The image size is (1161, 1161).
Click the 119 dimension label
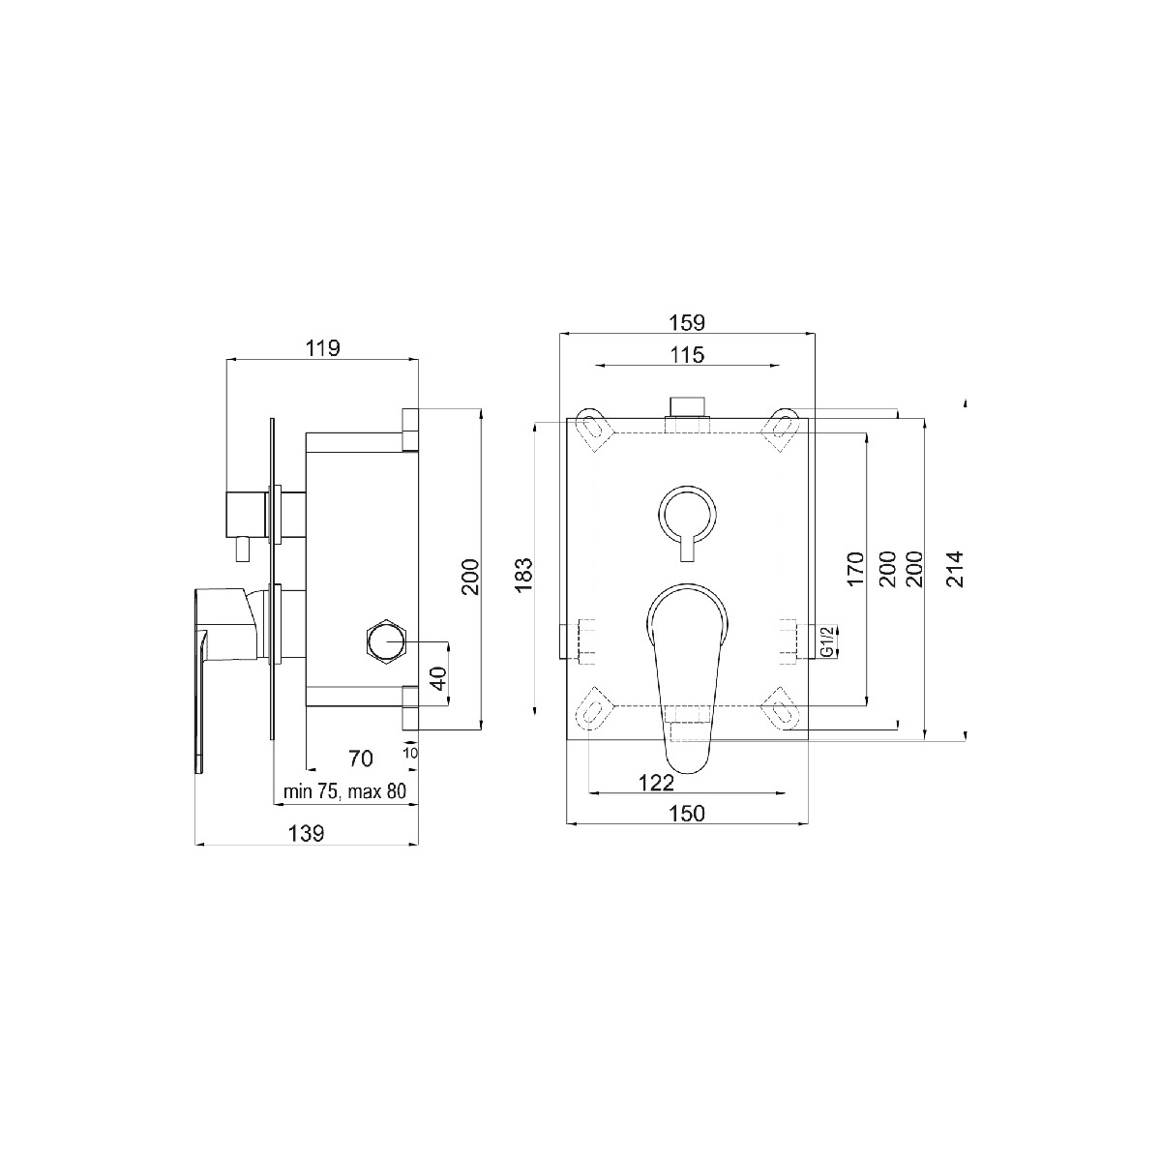323,348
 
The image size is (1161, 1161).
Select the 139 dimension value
306,834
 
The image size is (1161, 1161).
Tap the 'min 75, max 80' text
344,791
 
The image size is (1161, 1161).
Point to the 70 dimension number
361,759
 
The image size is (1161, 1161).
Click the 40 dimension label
439,678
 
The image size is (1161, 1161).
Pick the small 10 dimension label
410,753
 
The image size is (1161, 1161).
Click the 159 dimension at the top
687,323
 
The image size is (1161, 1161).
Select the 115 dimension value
687,355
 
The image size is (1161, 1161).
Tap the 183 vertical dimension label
524,575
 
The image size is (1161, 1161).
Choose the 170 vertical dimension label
855,569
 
